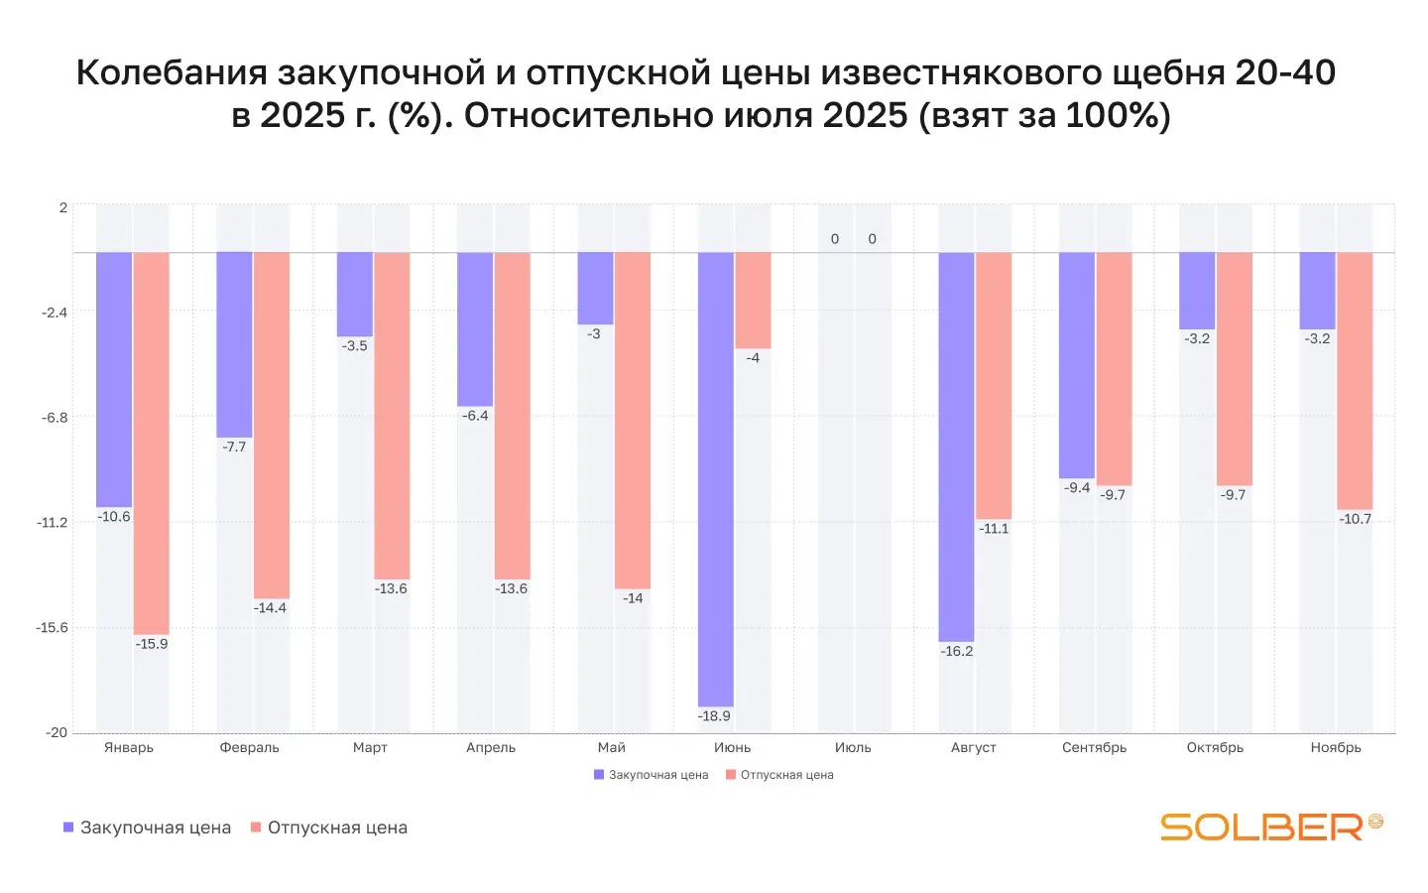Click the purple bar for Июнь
click(715, 478)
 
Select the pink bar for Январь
click(152, 443)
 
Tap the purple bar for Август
click(956, 446)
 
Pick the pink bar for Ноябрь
click(1355, 380)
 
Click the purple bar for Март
click(355, 295)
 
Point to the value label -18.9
click(714, 716)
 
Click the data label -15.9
click(152, 644)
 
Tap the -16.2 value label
click(957, 652)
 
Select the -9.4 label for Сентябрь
click(1077, 488)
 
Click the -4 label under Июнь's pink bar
click(753, 358)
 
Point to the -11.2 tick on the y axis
click(53, 523)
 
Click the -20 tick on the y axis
click(57, 733)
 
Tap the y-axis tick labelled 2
click(63, 208)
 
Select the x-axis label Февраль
click(249, 748)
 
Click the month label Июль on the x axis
click(853, 748)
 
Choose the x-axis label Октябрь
click(1215, 748)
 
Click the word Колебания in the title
click(172, 73)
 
